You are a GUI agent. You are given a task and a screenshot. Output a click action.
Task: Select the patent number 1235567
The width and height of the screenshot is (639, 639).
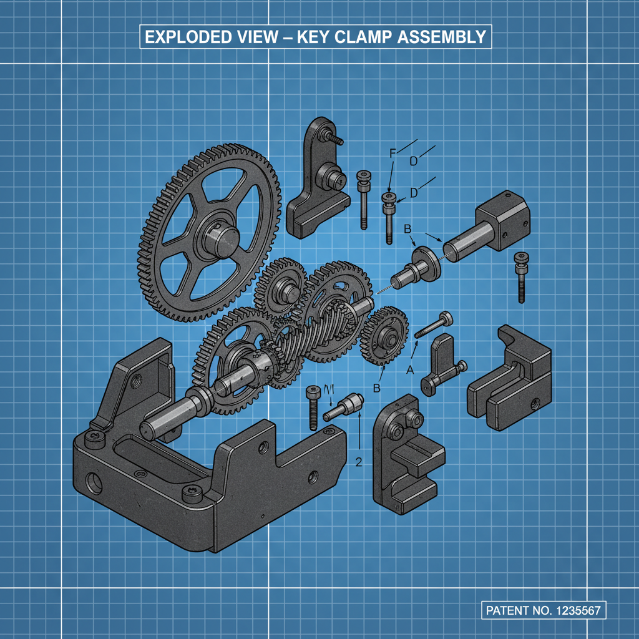click(x=578, y=610)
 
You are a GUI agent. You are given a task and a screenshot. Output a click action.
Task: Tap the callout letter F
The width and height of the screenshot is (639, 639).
click(x=392, y=153)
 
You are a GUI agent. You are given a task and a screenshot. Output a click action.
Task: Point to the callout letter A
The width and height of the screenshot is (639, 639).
click(x=410, y=369)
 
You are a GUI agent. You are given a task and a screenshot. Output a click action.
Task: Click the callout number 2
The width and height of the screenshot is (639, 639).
click(x=358, y=462)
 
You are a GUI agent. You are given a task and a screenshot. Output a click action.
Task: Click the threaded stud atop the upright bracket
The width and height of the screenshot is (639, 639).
click(x=333, y=138)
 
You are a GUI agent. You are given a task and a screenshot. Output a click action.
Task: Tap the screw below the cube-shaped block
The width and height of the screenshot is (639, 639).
click(x=520, y=275)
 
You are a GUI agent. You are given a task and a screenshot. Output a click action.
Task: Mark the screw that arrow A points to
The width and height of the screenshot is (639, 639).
click(x=435, y=326)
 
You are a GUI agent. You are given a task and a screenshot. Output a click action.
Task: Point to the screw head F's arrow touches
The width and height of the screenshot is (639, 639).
click(x=389, y=199)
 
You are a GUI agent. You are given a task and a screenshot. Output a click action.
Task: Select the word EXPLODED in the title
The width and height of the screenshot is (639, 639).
click(x=185, y=37)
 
